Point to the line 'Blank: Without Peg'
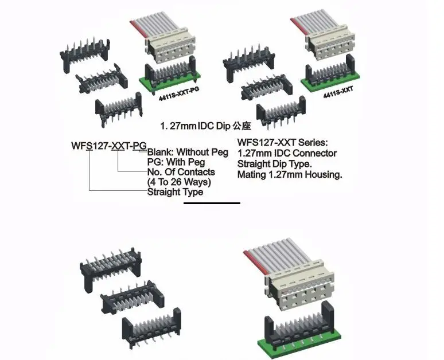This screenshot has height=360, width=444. click(x=188, y=152)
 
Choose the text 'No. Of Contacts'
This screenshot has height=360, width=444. click(x=181, y=172)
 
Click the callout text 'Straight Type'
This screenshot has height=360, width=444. click(x=175, y=191)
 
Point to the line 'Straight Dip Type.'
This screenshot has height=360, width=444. click(x=275, y=164)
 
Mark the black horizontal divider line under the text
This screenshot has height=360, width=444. click(x=212, y=203)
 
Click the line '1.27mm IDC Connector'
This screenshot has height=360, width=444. click(x=286, y=153)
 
